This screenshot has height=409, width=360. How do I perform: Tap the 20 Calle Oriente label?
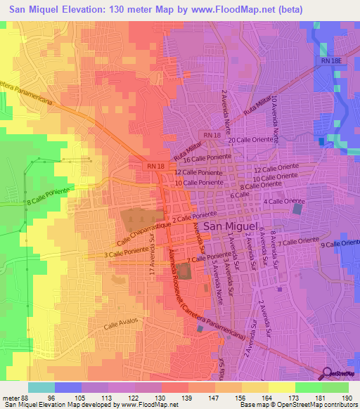250,141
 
